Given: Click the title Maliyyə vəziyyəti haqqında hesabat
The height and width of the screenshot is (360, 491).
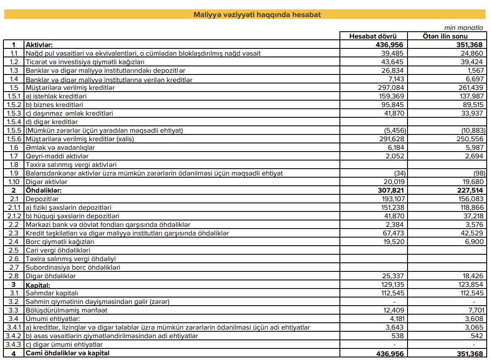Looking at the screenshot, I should (245, 15).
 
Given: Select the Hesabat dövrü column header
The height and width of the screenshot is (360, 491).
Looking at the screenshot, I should (373, 36).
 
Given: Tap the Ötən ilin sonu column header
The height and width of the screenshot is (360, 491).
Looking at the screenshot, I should (445, 36).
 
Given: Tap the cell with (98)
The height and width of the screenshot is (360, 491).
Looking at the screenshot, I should (479, 173).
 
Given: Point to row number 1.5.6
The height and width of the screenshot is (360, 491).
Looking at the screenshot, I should (14, 139).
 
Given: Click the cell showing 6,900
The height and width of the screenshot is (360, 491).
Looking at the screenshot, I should (474, 242).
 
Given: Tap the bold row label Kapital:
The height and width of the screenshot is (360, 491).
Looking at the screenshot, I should (38, 285).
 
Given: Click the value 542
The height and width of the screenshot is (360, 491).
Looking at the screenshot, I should (478, 336).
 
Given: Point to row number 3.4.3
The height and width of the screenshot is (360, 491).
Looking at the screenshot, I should (14, 345).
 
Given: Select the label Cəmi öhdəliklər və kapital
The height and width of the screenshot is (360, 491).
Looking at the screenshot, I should (68, 354).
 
